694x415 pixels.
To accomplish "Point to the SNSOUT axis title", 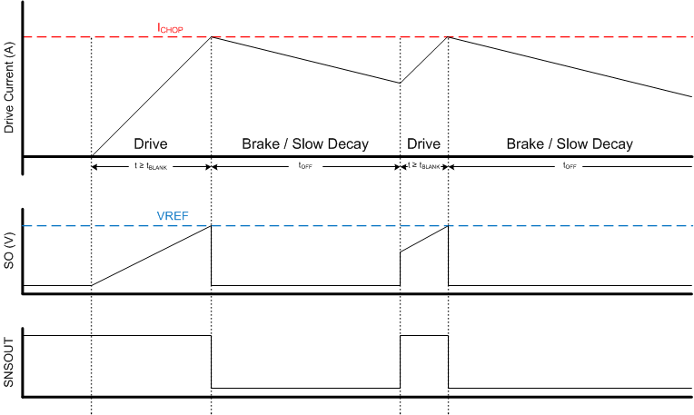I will (x=10, y=361).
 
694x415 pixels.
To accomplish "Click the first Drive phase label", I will (x=151, y=144).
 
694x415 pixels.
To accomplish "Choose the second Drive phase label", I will (x=423, y=144).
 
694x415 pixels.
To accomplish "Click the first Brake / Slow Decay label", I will (x=305, y=144).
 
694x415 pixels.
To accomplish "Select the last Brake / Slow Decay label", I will (x=570, y=144).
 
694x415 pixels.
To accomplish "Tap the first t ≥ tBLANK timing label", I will (x=152, y=167).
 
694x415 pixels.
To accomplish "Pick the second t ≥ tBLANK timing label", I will (x=424, y=167).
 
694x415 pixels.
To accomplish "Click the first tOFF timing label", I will (x=305, y=167).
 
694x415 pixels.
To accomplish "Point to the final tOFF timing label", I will (x=570, y=167).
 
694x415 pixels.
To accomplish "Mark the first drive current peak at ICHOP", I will (x=212, y=36).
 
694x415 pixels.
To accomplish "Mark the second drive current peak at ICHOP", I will (x=448, y=36).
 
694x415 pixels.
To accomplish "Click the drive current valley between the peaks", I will (x=400, y=83).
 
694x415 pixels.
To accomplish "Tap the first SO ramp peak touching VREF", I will (x=211, y=226).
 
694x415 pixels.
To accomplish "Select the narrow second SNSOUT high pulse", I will (x=423, y=336).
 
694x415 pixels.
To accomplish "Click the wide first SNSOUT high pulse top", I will (x=118, y=336).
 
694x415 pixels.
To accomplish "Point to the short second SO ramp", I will (x=423, y=240).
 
